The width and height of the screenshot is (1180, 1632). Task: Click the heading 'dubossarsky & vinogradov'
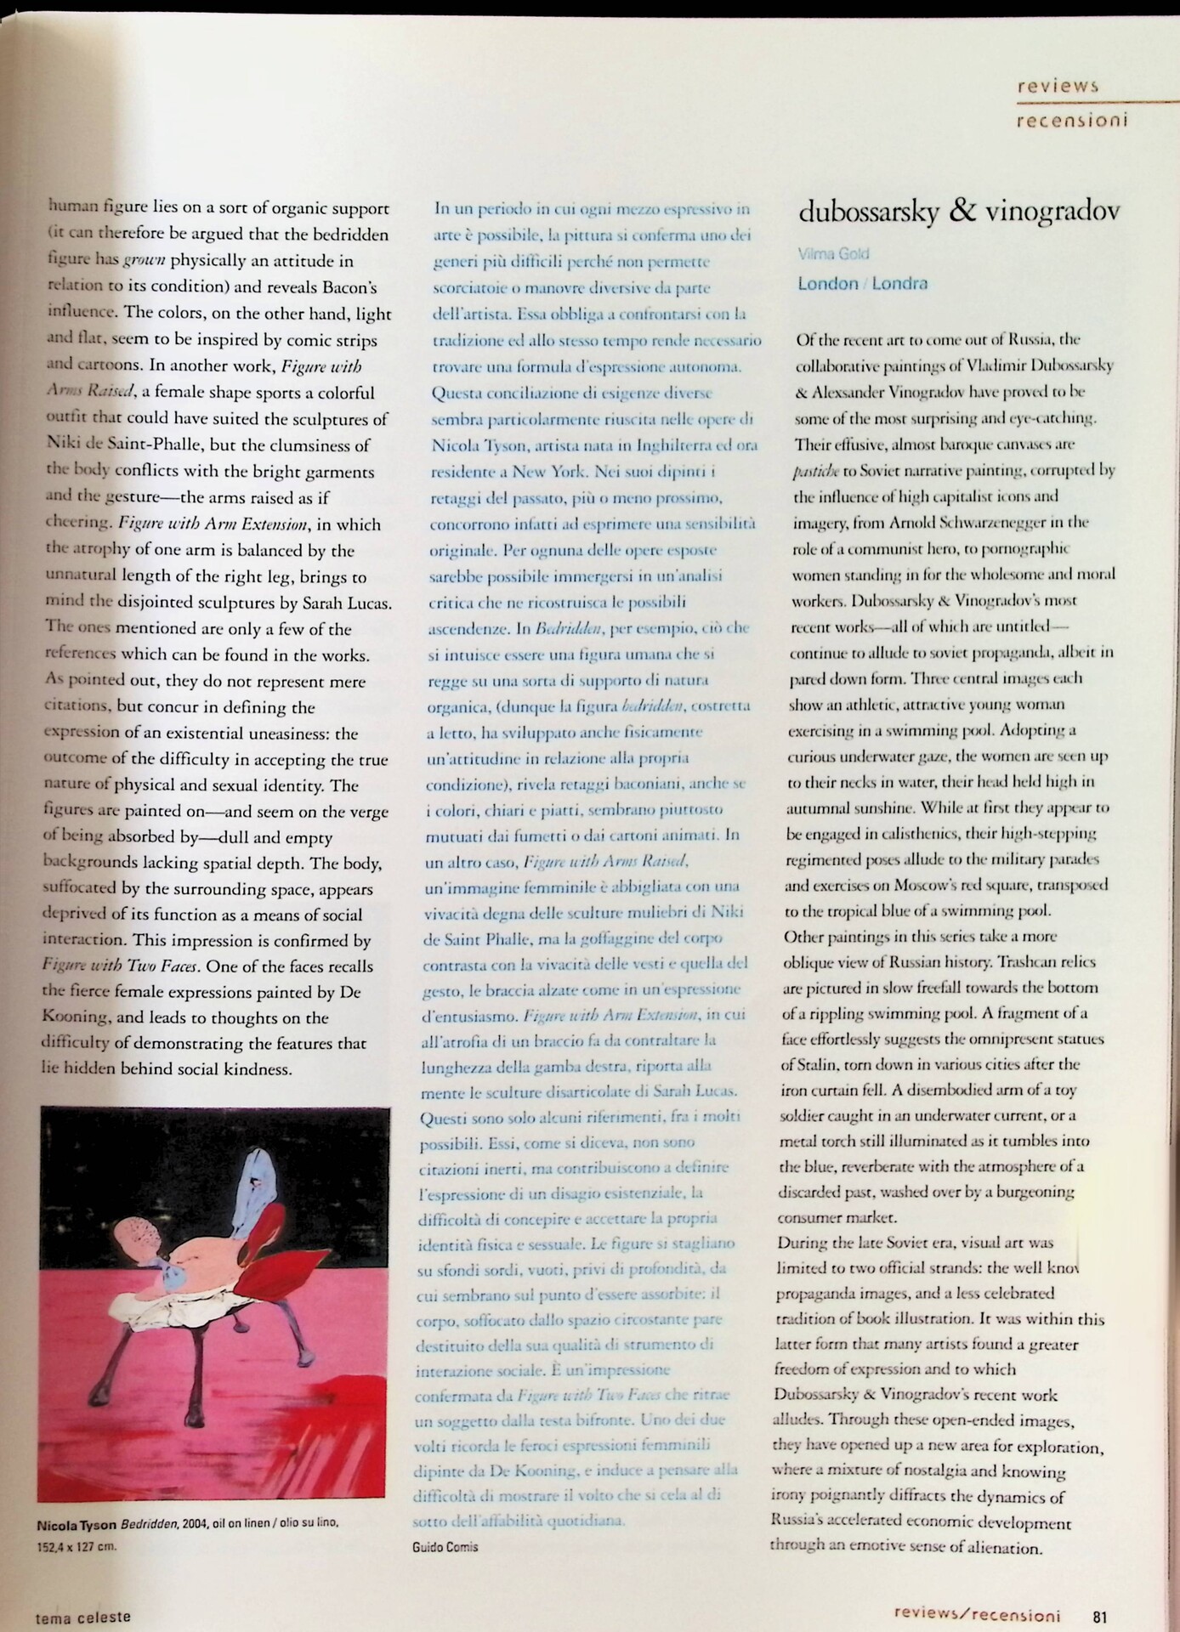tap(958, 211)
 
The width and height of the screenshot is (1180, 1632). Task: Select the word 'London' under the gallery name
tap(827, 284)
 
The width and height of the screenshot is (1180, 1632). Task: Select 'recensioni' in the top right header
tap(1071, 120)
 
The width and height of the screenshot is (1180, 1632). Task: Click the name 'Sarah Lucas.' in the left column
tap(348, 603)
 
